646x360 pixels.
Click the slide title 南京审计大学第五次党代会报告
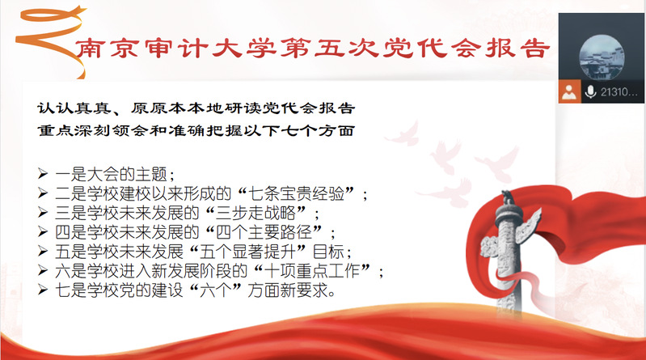(x=312, y=49)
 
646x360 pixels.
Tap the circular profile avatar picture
(x=602, y=57)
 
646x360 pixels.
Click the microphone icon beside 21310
(x=590, y=91)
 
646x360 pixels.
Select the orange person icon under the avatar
(x=569, y=91)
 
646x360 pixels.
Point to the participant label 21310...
(x=618, y=91)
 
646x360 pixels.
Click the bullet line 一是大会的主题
(x=115, y=174)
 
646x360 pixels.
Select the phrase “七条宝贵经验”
(x=297, y=193)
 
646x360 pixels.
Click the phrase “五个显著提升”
(x=248, y=252)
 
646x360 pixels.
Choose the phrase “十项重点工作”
(x=312, y=271)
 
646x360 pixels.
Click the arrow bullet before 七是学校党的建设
(x=43, y=290)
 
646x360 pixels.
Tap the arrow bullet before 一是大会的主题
(x=43, y=173)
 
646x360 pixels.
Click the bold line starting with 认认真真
(x=196, y=108)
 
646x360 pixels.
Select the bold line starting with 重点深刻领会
(x=196, y=131)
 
